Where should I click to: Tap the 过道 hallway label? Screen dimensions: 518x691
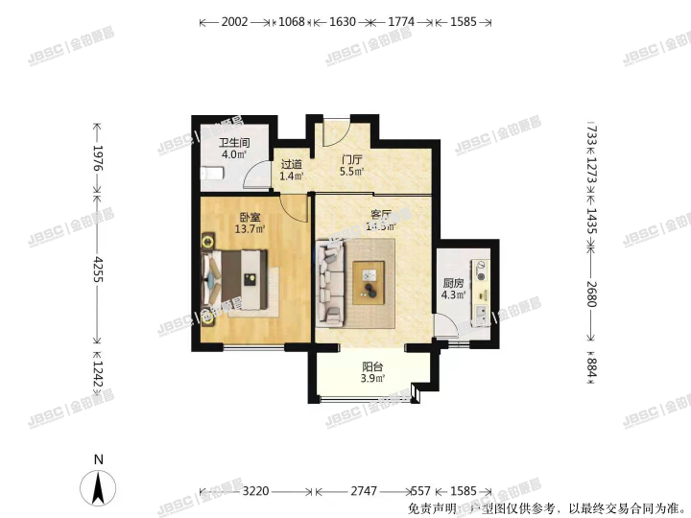click(x=291, y=164)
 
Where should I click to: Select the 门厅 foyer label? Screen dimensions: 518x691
click(x=352, y=160)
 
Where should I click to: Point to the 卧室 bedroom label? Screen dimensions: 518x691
click(x=250, y=218)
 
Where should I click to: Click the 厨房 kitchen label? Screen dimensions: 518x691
click(x=453, y=283)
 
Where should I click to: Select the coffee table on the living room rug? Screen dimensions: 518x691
click(x=369, y=280)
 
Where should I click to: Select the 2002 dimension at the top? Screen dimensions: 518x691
click(x=234, y=21)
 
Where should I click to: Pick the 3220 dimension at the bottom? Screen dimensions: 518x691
click(x=254, y=490)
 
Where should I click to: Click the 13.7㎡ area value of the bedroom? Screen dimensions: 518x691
click(x=250, y=229)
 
